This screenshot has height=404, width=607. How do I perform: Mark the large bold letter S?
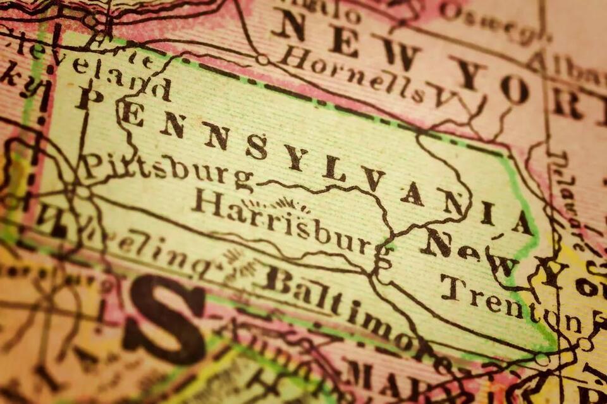tap(164, 322)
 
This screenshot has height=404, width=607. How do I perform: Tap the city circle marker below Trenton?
tap(541, 359)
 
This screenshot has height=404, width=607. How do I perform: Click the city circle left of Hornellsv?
tap(262, 59)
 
